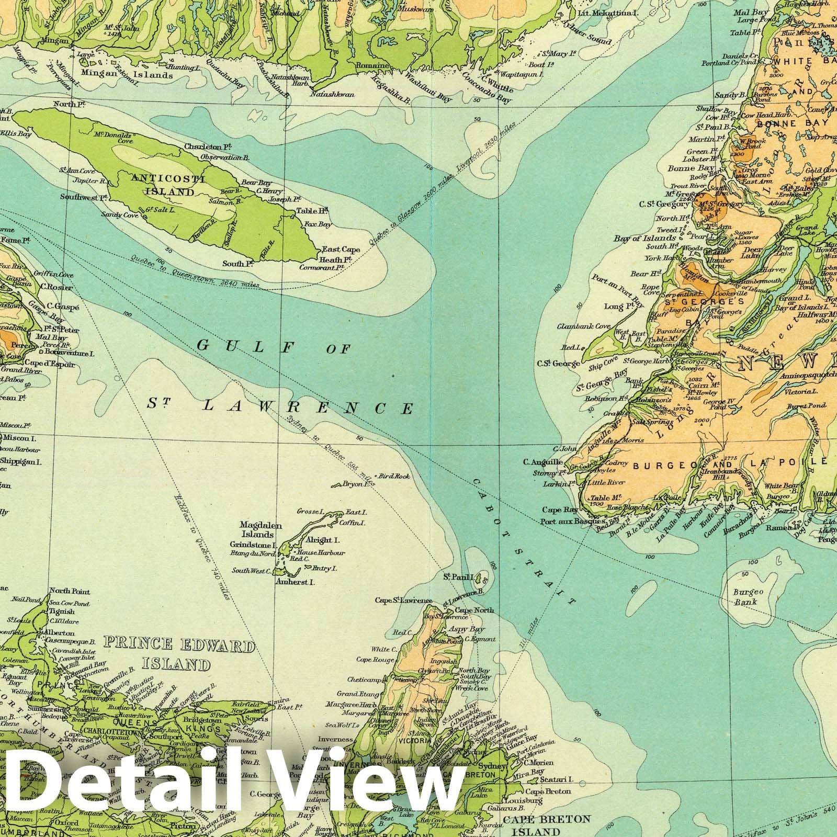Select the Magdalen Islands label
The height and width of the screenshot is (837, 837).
257,529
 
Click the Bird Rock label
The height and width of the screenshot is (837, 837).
395,477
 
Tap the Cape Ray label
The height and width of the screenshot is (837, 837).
559,510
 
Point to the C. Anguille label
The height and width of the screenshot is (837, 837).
543,462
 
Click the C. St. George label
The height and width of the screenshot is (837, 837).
558,363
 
